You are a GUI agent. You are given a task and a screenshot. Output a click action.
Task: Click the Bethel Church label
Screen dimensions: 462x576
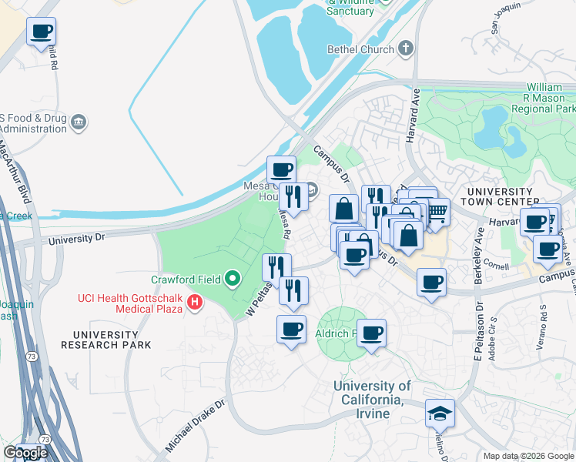[360, 49]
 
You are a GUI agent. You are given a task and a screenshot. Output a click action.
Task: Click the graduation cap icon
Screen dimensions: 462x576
[440, 413]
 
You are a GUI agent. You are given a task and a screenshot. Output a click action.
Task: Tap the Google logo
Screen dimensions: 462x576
[25, 453]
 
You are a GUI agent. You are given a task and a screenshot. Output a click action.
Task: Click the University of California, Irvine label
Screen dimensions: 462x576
[372, 400]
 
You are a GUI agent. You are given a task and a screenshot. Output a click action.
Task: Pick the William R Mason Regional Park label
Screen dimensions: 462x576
[551, 99]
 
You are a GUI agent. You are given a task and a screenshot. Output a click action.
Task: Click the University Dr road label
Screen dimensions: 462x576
[75, 239]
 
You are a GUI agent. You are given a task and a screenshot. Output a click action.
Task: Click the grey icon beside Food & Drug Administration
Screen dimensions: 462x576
[78, 122]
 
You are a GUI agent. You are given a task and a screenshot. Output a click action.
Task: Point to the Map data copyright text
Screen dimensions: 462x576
[528, 456]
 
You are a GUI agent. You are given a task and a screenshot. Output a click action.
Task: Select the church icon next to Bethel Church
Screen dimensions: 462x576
[406, 49]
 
